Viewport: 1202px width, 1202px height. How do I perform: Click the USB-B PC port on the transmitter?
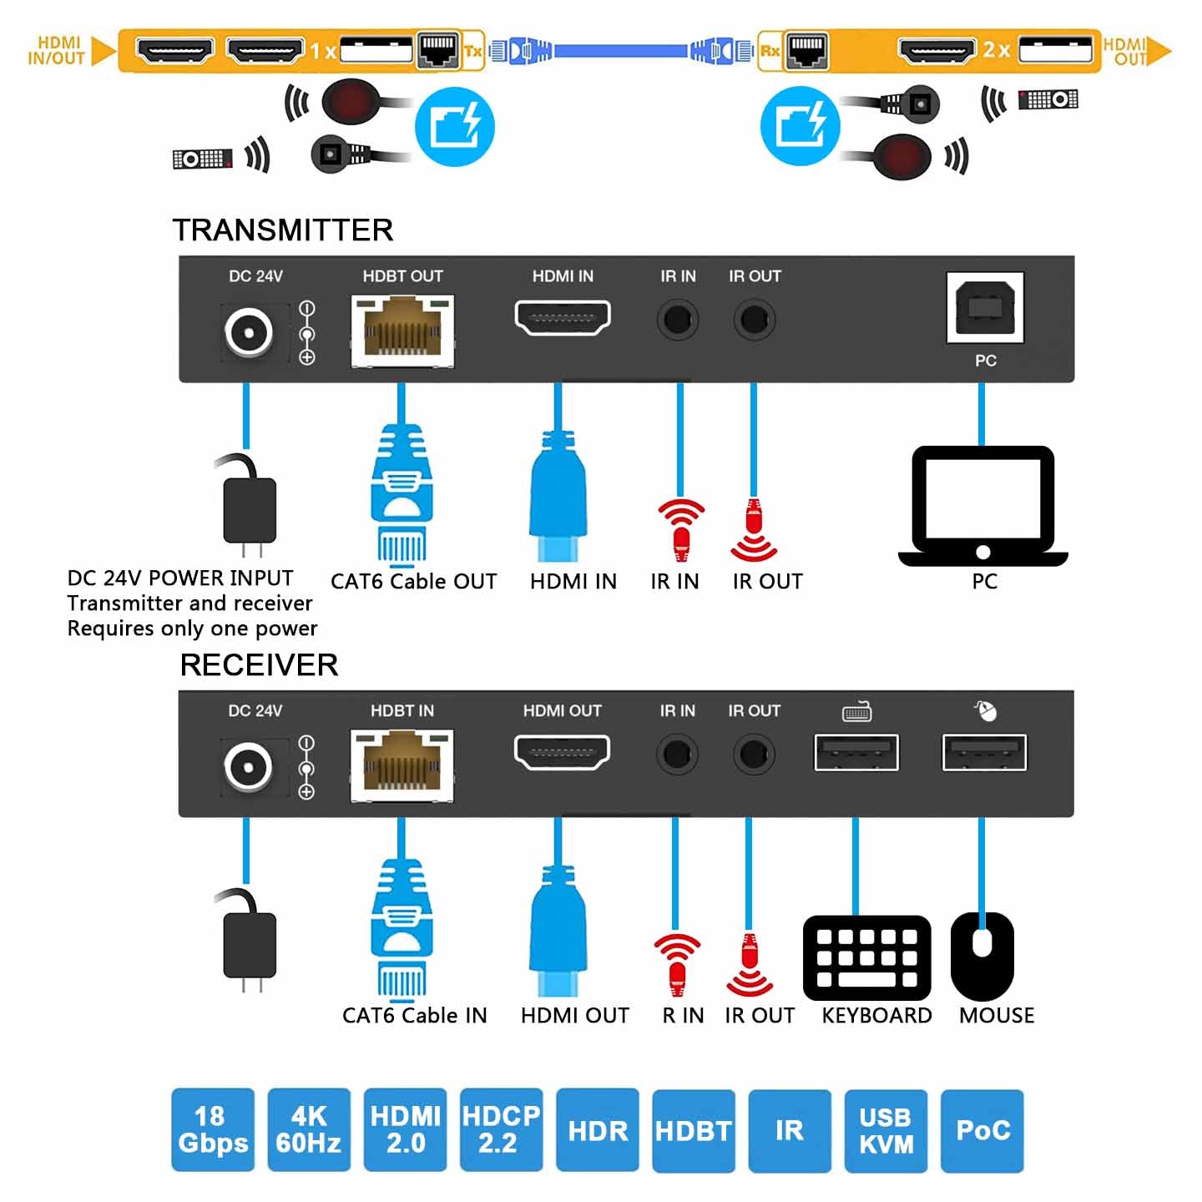pyautogui.click(x=985, y=307)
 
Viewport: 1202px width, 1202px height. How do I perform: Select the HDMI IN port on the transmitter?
pyautogui.click(x=563, y=318)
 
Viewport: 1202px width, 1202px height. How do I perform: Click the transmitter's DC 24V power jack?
pyautogui.click(x=249, y=331)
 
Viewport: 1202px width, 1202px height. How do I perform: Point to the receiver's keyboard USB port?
pyautogui.click(x=856, y=753)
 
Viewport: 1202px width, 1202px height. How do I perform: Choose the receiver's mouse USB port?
pyautogui.click(x=984, y=753)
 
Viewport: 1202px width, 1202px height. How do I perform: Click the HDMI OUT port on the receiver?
pyautogui.click(x=562, y=753)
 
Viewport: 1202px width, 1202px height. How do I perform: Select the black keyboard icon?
pyautogui.click(x=866, y=957)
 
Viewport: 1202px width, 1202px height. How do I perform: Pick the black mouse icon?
pyautogui.click(x=982, y=956)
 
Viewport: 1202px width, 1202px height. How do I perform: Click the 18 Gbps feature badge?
pyautogui.click(x=212, y=1129)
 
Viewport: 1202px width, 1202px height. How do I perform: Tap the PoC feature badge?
pyautogui.click(x=982, y=1130)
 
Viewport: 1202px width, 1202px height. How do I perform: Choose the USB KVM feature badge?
pyautogui.click(x=886, y=1130)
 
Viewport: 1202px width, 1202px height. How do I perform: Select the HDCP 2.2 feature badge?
pyautogui.click(x=501, y=1129)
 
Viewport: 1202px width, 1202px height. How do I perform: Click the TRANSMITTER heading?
pyautogui.click(x=283, y=230)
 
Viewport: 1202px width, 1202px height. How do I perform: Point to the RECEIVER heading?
pyautogui.click(x=259, y=665)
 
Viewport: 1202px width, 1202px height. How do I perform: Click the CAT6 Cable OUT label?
pyautogui.click(x=413, y=582)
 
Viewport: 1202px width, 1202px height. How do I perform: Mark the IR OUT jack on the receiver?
pyautogui.click(x=754, y=755)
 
